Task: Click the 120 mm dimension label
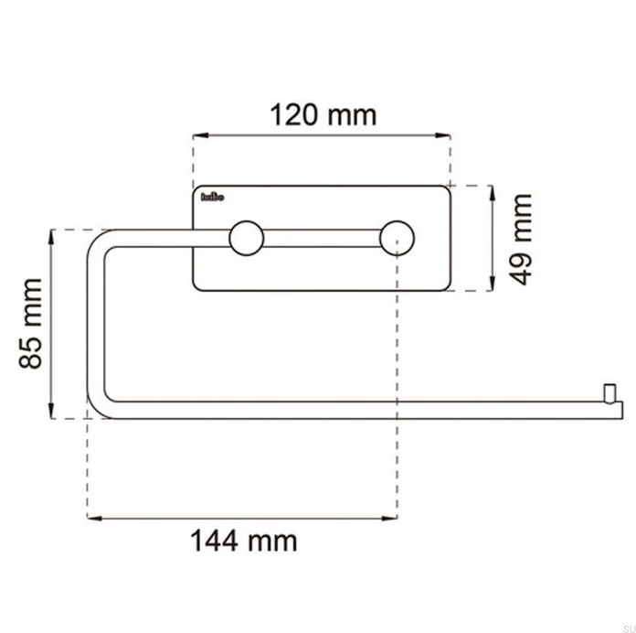[323, 115]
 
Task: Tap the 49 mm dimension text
[521, 238]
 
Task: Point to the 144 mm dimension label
[243, 541]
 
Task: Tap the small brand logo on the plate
[211, 196]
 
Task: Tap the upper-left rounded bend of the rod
[99, 239]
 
